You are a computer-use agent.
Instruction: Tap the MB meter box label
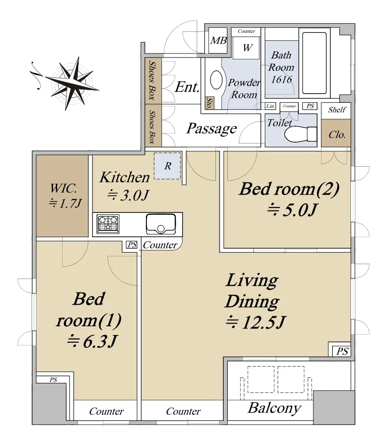point(218,41)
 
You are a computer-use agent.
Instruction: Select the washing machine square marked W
point(247,48)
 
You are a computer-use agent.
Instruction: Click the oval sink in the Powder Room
point(216,80)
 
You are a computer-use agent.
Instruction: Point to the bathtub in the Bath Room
point(314,63)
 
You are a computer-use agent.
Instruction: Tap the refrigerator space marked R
point(167,166)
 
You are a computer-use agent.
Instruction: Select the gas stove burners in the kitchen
point(108,224)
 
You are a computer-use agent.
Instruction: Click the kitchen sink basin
point(161,224)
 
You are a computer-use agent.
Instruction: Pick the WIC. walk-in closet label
point(63,188)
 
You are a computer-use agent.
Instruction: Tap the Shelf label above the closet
point(337,110)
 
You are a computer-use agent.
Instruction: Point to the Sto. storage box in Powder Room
point(210,103)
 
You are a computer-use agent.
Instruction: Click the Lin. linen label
point(270,106)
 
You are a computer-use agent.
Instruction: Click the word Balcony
point(274,408)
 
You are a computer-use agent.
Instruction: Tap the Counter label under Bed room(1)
point(106,411)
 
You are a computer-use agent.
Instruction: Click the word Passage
point(212,128)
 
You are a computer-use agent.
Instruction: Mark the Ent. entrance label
point(187,87)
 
